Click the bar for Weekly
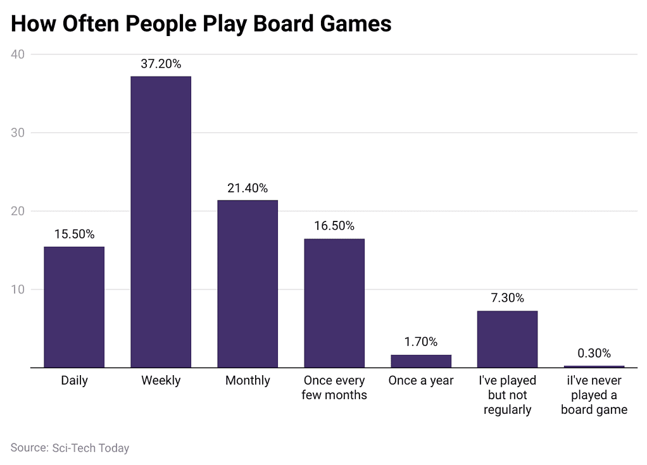tap(161, 221)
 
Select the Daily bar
tap(74, 307)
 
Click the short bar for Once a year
tap(421, 361)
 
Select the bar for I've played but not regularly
tap(507, 339)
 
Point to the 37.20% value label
tap(161, 64)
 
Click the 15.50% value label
tap(74, 234)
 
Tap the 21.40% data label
tap(248, 188)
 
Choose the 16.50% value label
tap(334, 226)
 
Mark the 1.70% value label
tap(421, 342)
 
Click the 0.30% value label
tap(594, 353)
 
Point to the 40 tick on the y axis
tap(18, 54)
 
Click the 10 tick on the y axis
tap(18, 290)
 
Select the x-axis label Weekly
tap(161, 381)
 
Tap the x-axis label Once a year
tap(421, 381)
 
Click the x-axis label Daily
tap(74, 381)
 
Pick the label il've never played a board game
tap(594, 395)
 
